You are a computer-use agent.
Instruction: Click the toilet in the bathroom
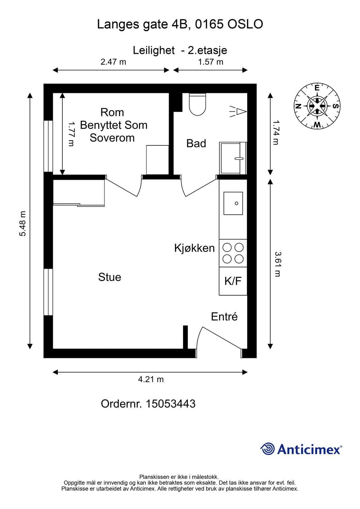(x=197, y=104)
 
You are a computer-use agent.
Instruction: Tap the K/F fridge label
(x=233, y=281)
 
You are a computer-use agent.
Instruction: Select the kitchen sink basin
(x=233, y=203)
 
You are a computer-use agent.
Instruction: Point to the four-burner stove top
(x=233, y=253)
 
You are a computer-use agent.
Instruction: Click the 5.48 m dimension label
(x=23, y=224)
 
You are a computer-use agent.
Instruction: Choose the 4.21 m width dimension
(x=151, y=379)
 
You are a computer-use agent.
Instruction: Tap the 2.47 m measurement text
(x=113, y=62)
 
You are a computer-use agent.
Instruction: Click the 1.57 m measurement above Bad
(x=211, y=62)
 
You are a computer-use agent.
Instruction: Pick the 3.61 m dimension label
(x=278, y=264)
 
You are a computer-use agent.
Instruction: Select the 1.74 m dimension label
(x=276, y=133)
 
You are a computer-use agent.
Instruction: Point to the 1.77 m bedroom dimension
(x=71, y=134)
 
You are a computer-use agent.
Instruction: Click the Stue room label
(x=109, y=277)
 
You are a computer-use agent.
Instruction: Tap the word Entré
(x=224, y=317)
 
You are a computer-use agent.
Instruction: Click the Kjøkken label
(x=194, y=248)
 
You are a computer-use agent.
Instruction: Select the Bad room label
(x=196, y=143)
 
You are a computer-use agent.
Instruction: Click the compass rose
(x=317, y=106)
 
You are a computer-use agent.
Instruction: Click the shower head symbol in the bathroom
(x=238, y=112)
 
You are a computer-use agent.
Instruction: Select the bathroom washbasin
(x=233, y=158)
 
